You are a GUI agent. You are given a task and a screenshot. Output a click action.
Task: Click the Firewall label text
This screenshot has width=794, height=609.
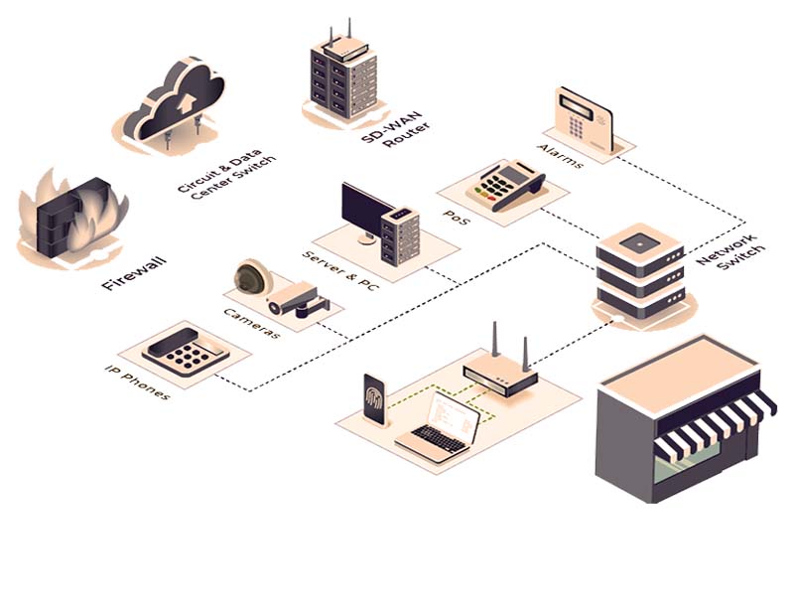tap(133, 273)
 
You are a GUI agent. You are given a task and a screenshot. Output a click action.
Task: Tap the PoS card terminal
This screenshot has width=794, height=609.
tap(509, 183)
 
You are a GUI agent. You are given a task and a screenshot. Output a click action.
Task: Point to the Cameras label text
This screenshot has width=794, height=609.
tap(251, 323)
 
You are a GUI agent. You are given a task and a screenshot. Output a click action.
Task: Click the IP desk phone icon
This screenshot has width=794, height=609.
tap(186, 351)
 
